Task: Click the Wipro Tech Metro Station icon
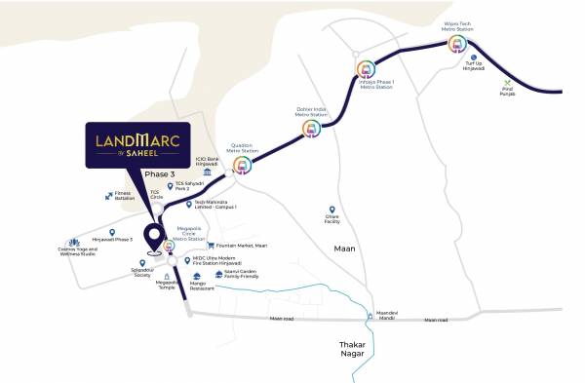pos(457,43)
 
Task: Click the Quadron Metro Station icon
pos(243,166)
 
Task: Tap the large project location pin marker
pos(153,238)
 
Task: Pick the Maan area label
pos(342,249)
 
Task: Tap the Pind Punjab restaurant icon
pos(507,84)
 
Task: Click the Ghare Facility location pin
pos(331,210)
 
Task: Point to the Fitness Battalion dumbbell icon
pos(108,195)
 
